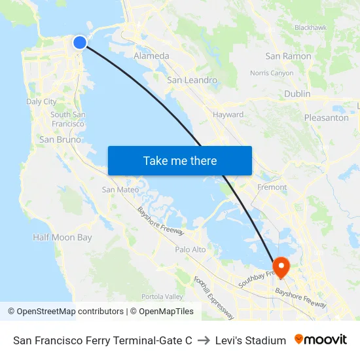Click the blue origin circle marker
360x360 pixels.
point(79,43)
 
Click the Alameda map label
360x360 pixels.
point(151,56)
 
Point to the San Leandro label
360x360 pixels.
point(192,80)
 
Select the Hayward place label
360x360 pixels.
point(228,115)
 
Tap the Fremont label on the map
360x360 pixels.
point(272,187)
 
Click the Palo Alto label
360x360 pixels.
point(190,249)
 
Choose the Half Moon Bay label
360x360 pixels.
point(62,238)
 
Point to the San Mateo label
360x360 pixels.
point(120,190)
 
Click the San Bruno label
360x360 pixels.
point(60,139)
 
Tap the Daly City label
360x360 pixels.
point(41,101)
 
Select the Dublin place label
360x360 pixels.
point(297,94)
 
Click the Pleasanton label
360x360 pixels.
point(326,118)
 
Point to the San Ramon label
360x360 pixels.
point(288,56)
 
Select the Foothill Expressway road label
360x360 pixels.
point(214,297)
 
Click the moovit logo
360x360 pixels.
point(320,340)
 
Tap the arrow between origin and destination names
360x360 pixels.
point(204,340)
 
